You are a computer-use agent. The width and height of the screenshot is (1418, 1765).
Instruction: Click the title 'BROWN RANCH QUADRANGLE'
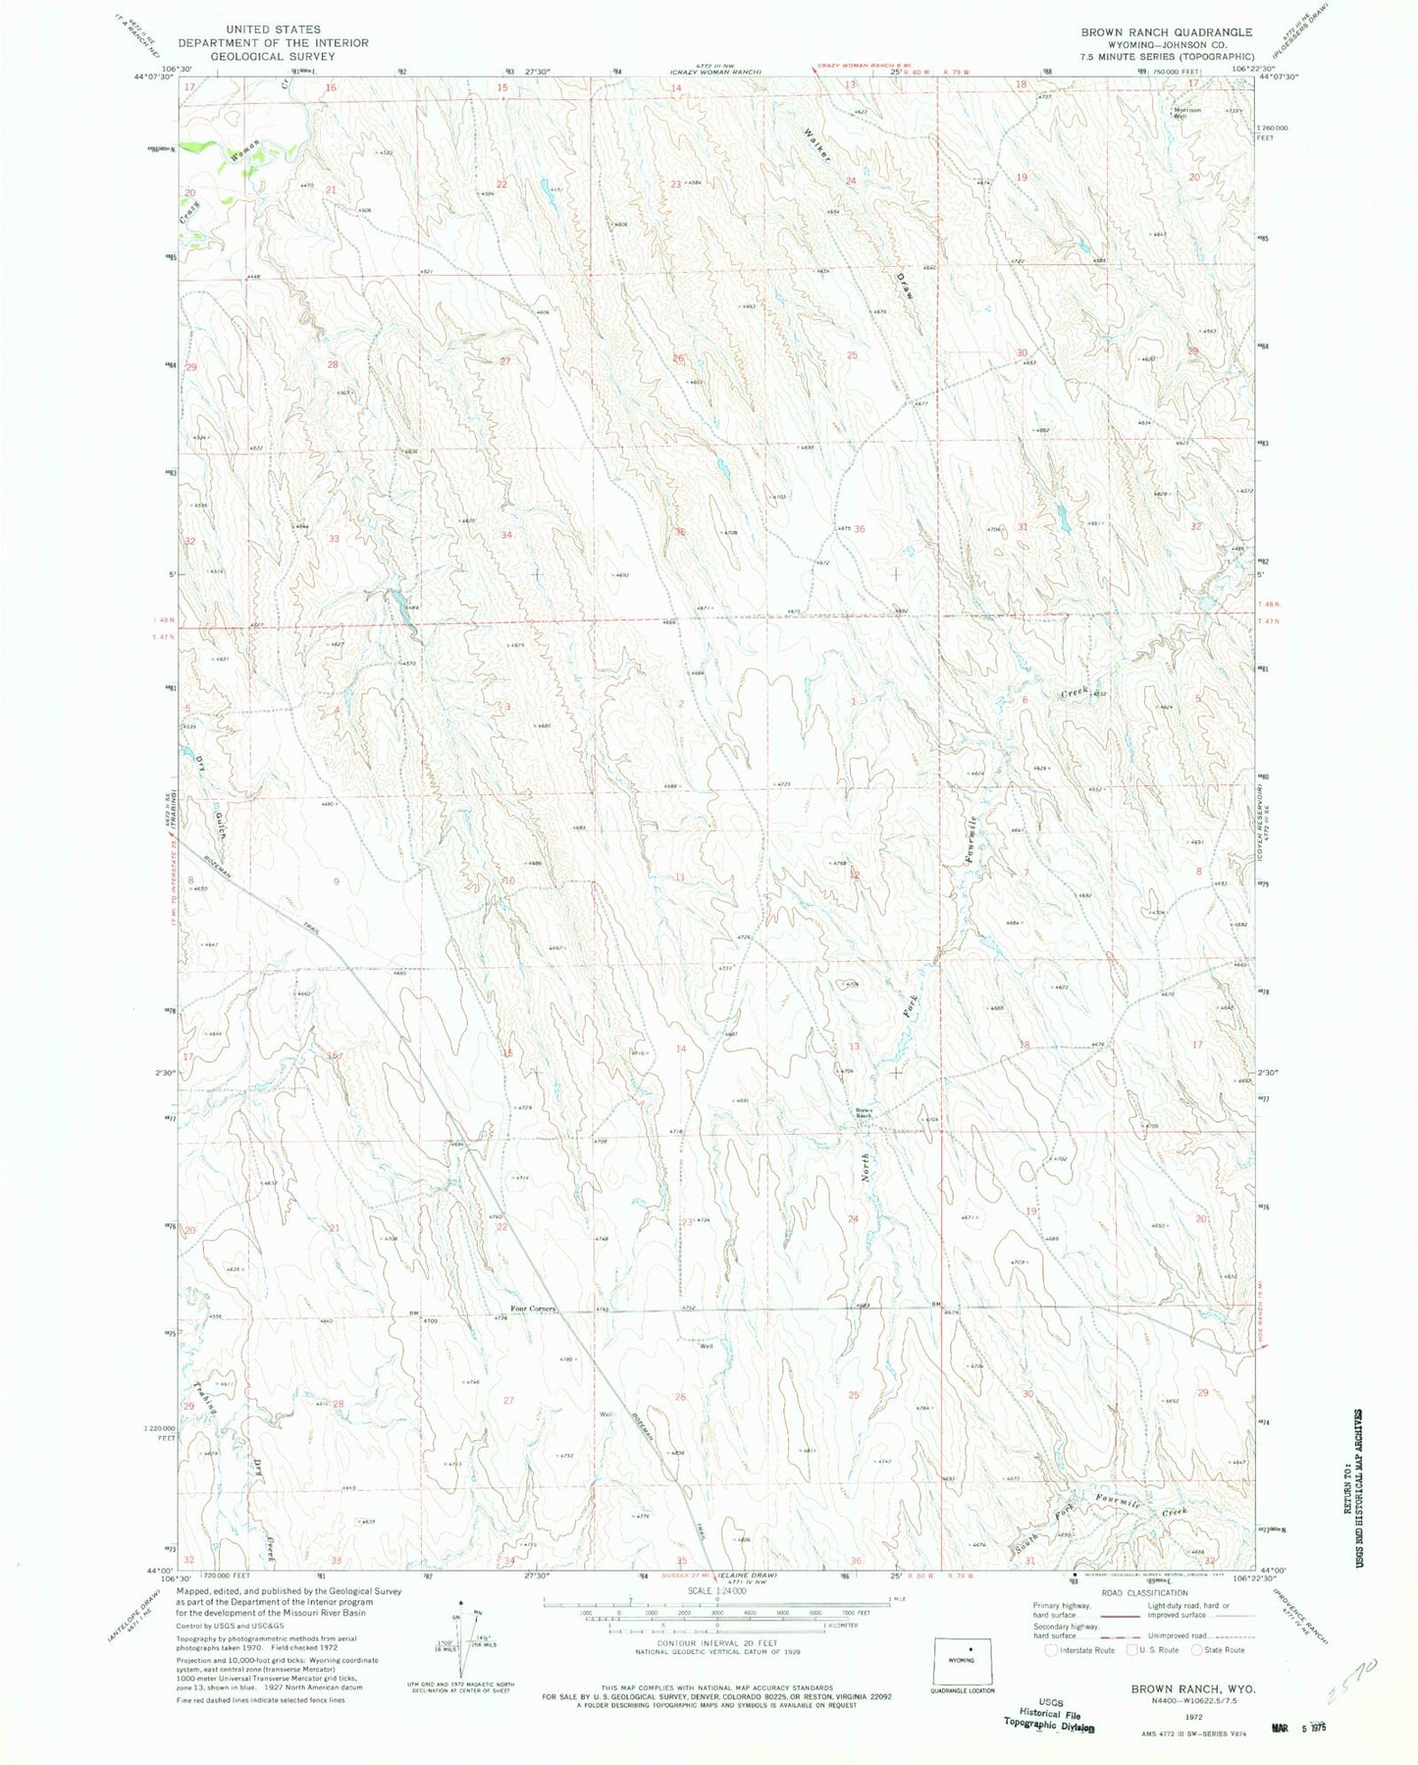tap(1166, 32)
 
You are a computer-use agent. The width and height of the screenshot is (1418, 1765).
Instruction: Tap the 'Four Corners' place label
tap(532, 1309)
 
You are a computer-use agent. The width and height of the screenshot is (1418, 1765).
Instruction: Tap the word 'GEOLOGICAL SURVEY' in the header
tap(273, 56)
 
